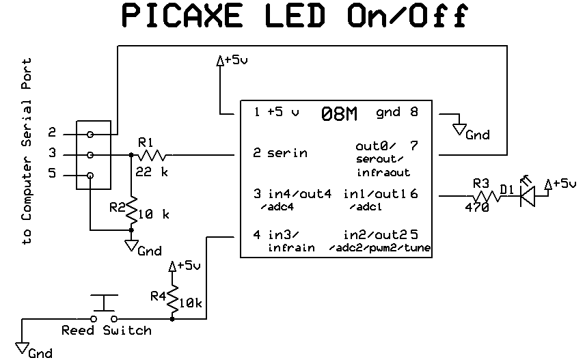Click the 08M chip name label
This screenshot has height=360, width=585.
point(339,115)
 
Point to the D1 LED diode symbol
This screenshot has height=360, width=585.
point(527,197)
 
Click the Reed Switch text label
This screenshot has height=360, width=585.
point(106,331)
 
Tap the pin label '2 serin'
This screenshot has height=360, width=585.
point(280,153)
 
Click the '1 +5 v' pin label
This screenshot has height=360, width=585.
point(276,112)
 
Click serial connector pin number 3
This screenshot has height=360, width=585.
point(52,155)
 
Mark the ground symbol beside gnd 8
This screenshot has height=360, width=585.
point(459,129)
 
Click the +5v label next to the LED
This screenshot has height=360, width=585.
point(562,183)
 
